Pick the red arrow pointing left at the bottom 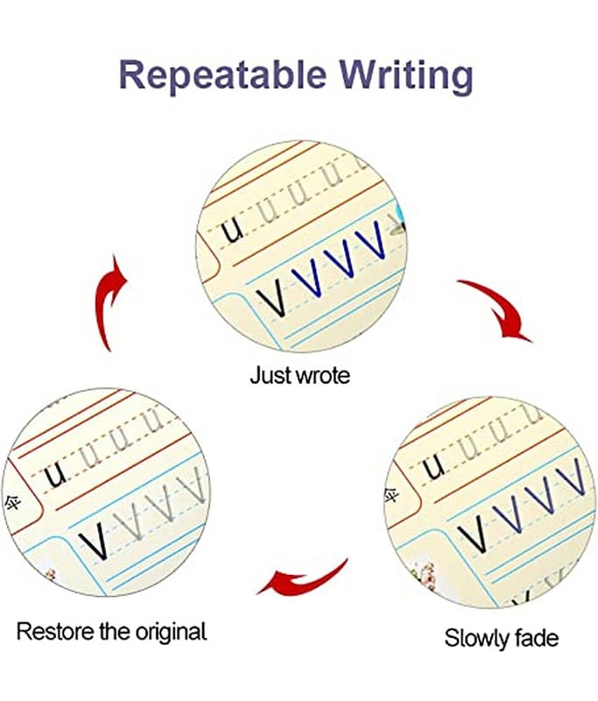tap(303, 577)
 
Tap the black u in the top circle tap(231, 233)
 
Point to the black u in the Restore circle tap(58, 475)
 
